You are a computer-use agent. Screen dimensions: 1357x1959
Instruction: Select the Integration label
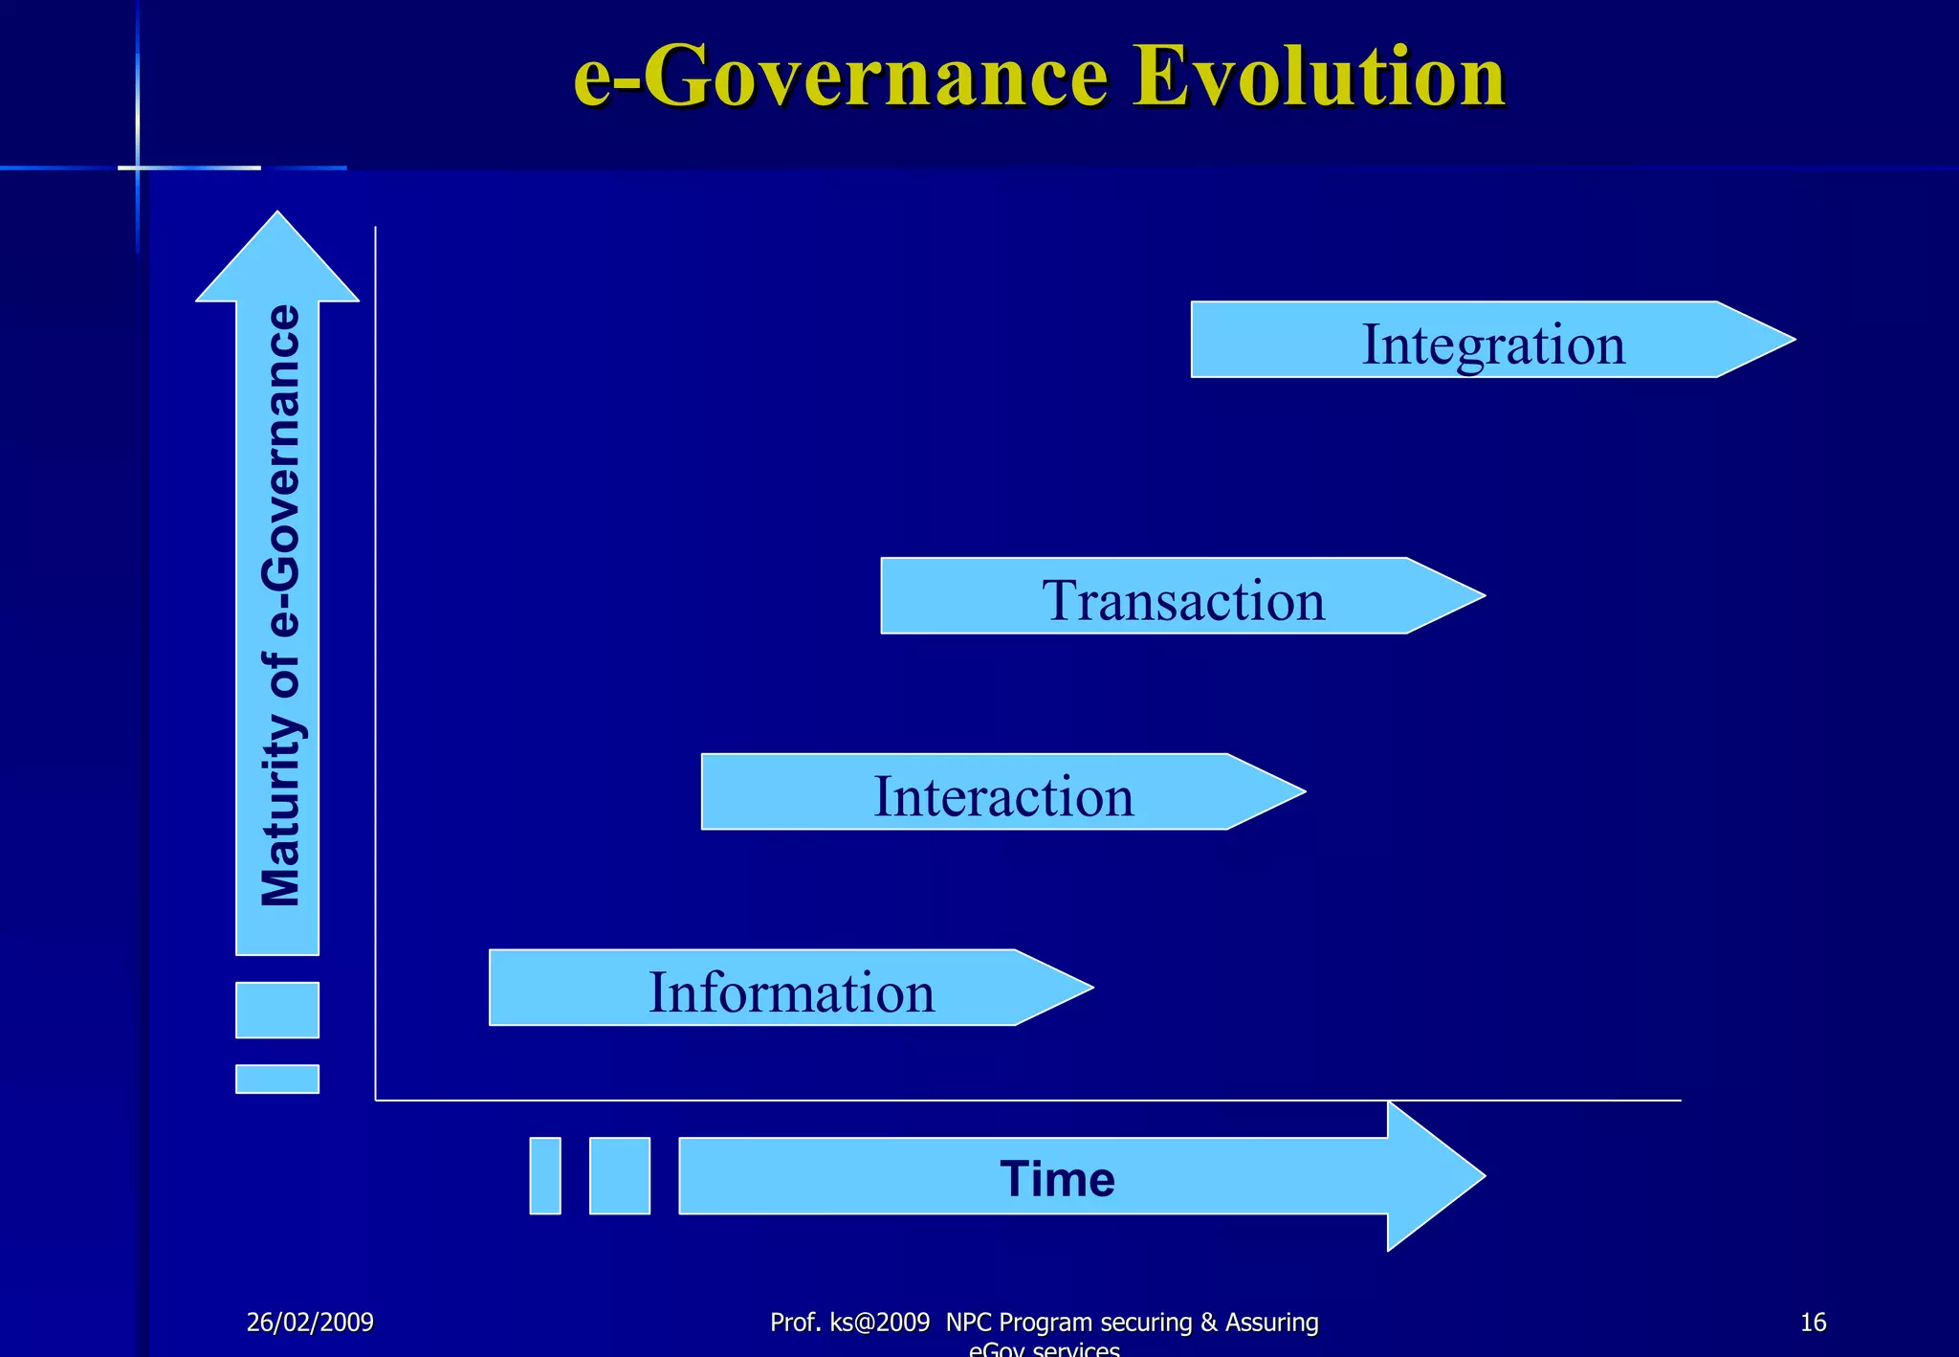tap(1492, 344)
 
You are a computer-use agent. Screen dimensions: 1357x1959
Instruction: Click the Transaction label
tap(1183, 600)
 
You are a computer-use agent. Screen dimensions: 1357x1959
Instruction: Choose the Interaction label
tap(1003, 796)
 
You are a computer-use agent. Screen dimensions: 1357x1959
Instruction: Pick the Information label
tap(791, 992)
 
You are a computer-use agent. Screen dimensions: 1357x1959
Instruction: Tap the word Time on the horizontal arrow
tap(1057, 1178)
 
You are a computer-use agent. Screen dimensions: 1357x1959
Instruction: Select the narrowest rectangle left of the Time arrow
tap(545, 1175)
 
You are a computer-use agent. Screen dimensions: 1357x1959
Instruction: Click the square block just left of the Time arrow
tap(620, 1175)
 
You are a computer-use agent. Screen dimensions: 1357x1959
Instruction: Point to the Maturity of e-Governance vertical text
tap(280, 605)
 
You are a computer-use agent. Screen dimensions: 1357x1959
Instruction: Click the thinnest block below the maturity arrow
tap(277, 1079)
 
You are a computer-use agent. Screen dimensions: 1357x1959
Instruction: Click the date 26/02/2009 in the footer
tap(310, 1323)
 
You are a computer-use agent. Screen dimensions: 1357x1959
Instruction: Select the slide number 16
tap(1813, 1323)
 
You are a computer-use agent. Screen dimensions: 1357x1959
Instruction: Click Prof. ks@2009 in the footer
tap(849, 1323)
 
